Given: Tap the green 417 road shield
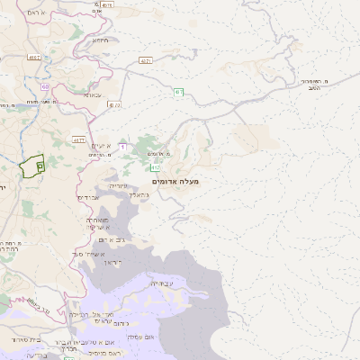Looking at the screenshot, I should (x=155, y=168).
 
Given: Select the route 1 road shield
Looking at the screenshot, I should (x=122, y=147).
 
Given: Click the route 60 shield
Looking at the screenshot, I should (x=44, y=86).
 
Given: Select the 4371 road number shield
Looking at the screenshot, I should (x=146, y=60).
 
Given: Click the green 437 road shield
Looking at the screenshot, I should (x=179, y=91).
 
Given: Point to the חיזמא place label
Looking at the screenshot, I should (x=100, y=39).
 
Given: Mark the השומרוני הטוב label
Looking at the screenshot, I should (x=310, y=84).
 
